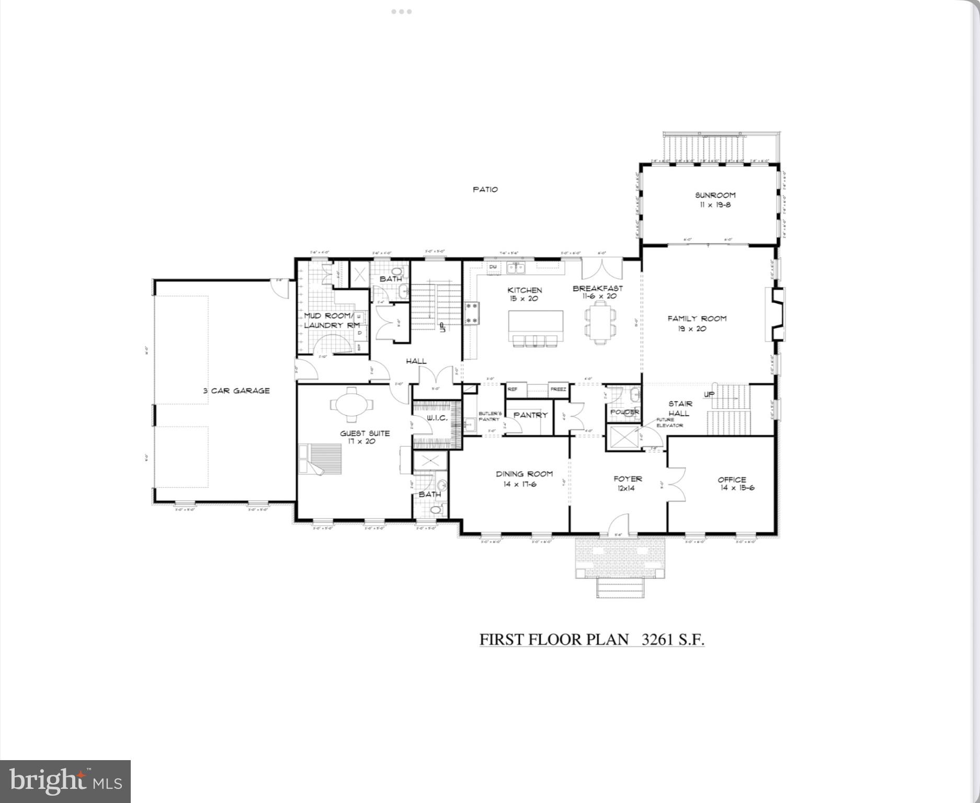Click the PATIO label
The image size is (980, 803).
[485, 190]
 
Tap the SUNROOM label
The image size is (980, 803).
[715, 196]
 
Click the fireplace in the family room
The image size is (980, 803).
[775, 314]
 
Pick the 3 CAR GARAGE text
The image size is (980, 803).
[236, 391]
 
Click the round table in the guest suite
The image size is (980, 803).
[352, 404]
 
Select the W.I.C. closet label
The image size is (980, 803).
[437, 418]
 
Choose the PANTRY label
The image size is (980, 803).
[530, 415]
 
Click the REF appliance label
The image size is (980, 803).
[512, 389]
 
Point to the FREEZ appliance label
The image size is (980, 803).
[558, 389]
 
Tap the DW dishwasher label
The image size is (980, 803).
[493, 267]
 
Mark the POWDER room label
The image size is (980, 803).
[625, 412]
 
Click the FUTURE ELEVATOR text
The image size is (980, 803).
[669, 422]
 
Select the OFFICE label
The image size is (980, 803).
[732, 479]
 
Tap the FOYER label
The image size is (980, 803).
[628, 479]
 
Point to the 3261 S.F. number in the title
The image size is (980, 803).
[673, 639]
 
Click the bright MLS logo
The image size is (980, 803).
[65, 782]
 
